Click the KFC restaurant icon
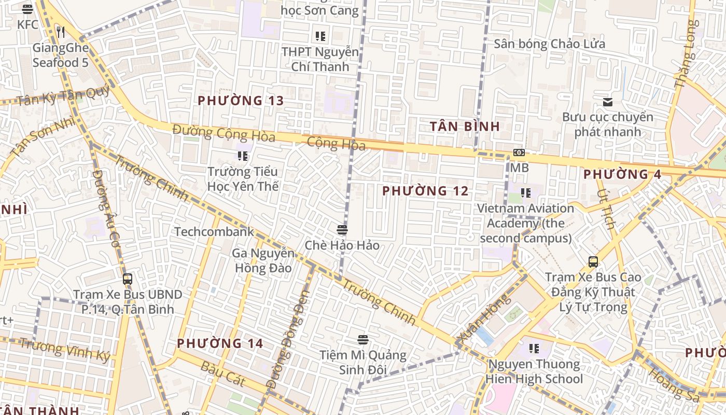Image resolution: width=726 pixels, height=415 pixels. pos(27,9)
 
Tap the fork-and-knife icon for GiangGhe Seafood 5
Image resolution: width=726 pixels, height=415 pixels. pos(61,32)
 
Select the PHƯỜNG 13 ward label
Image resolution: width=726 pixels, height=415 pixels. pos(241,101)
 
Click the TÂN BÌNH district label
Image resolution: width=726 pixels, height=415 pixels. pos(465,126)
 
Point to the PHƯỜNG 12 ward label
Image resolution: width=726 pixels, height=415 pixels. pos(425,191)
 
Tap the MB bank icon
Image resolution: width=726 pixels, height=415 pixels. pos(519,153)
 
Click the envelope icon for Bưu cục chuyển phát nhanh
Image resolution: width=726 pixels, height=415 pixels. pos(607,102)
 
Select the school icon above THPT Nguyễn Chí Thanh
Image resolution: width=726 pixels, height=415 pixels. pos(320,36)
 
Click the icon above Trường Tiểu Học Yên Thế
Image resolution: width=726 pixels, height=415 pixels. pos(242,156)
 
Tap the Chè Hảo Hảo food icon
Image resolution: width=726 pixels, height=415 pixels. pos(342,230)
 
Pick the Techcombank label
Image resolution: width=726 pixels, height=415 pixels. pos(214,231)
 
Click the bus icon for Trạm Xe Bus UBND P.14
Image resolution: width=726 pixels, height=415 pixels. pos(128,279)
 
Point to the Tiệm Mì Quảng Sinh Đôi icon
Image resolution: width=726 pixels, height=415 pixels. pos(362,340)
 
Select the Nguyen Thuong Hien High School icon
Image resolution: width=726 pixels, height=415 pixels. pos(534,349)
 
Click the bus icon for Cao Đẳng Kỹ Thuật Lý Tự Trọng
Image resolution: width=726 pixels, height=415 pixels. pos(593,262)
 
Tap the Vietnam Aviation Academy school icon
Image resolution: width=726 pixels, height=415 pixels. pos(526,193)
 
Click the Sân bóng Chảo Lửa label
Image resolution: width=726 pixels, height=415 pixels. pos(549,44)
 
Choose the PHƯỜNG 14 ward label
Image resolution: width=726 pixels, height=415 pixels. pos(220,343)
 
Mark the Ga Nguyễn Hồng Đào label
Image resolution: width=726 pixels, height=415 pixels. pos(263,261)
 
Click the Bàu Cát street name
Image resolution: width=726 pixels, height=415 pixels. pos(222,372)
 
